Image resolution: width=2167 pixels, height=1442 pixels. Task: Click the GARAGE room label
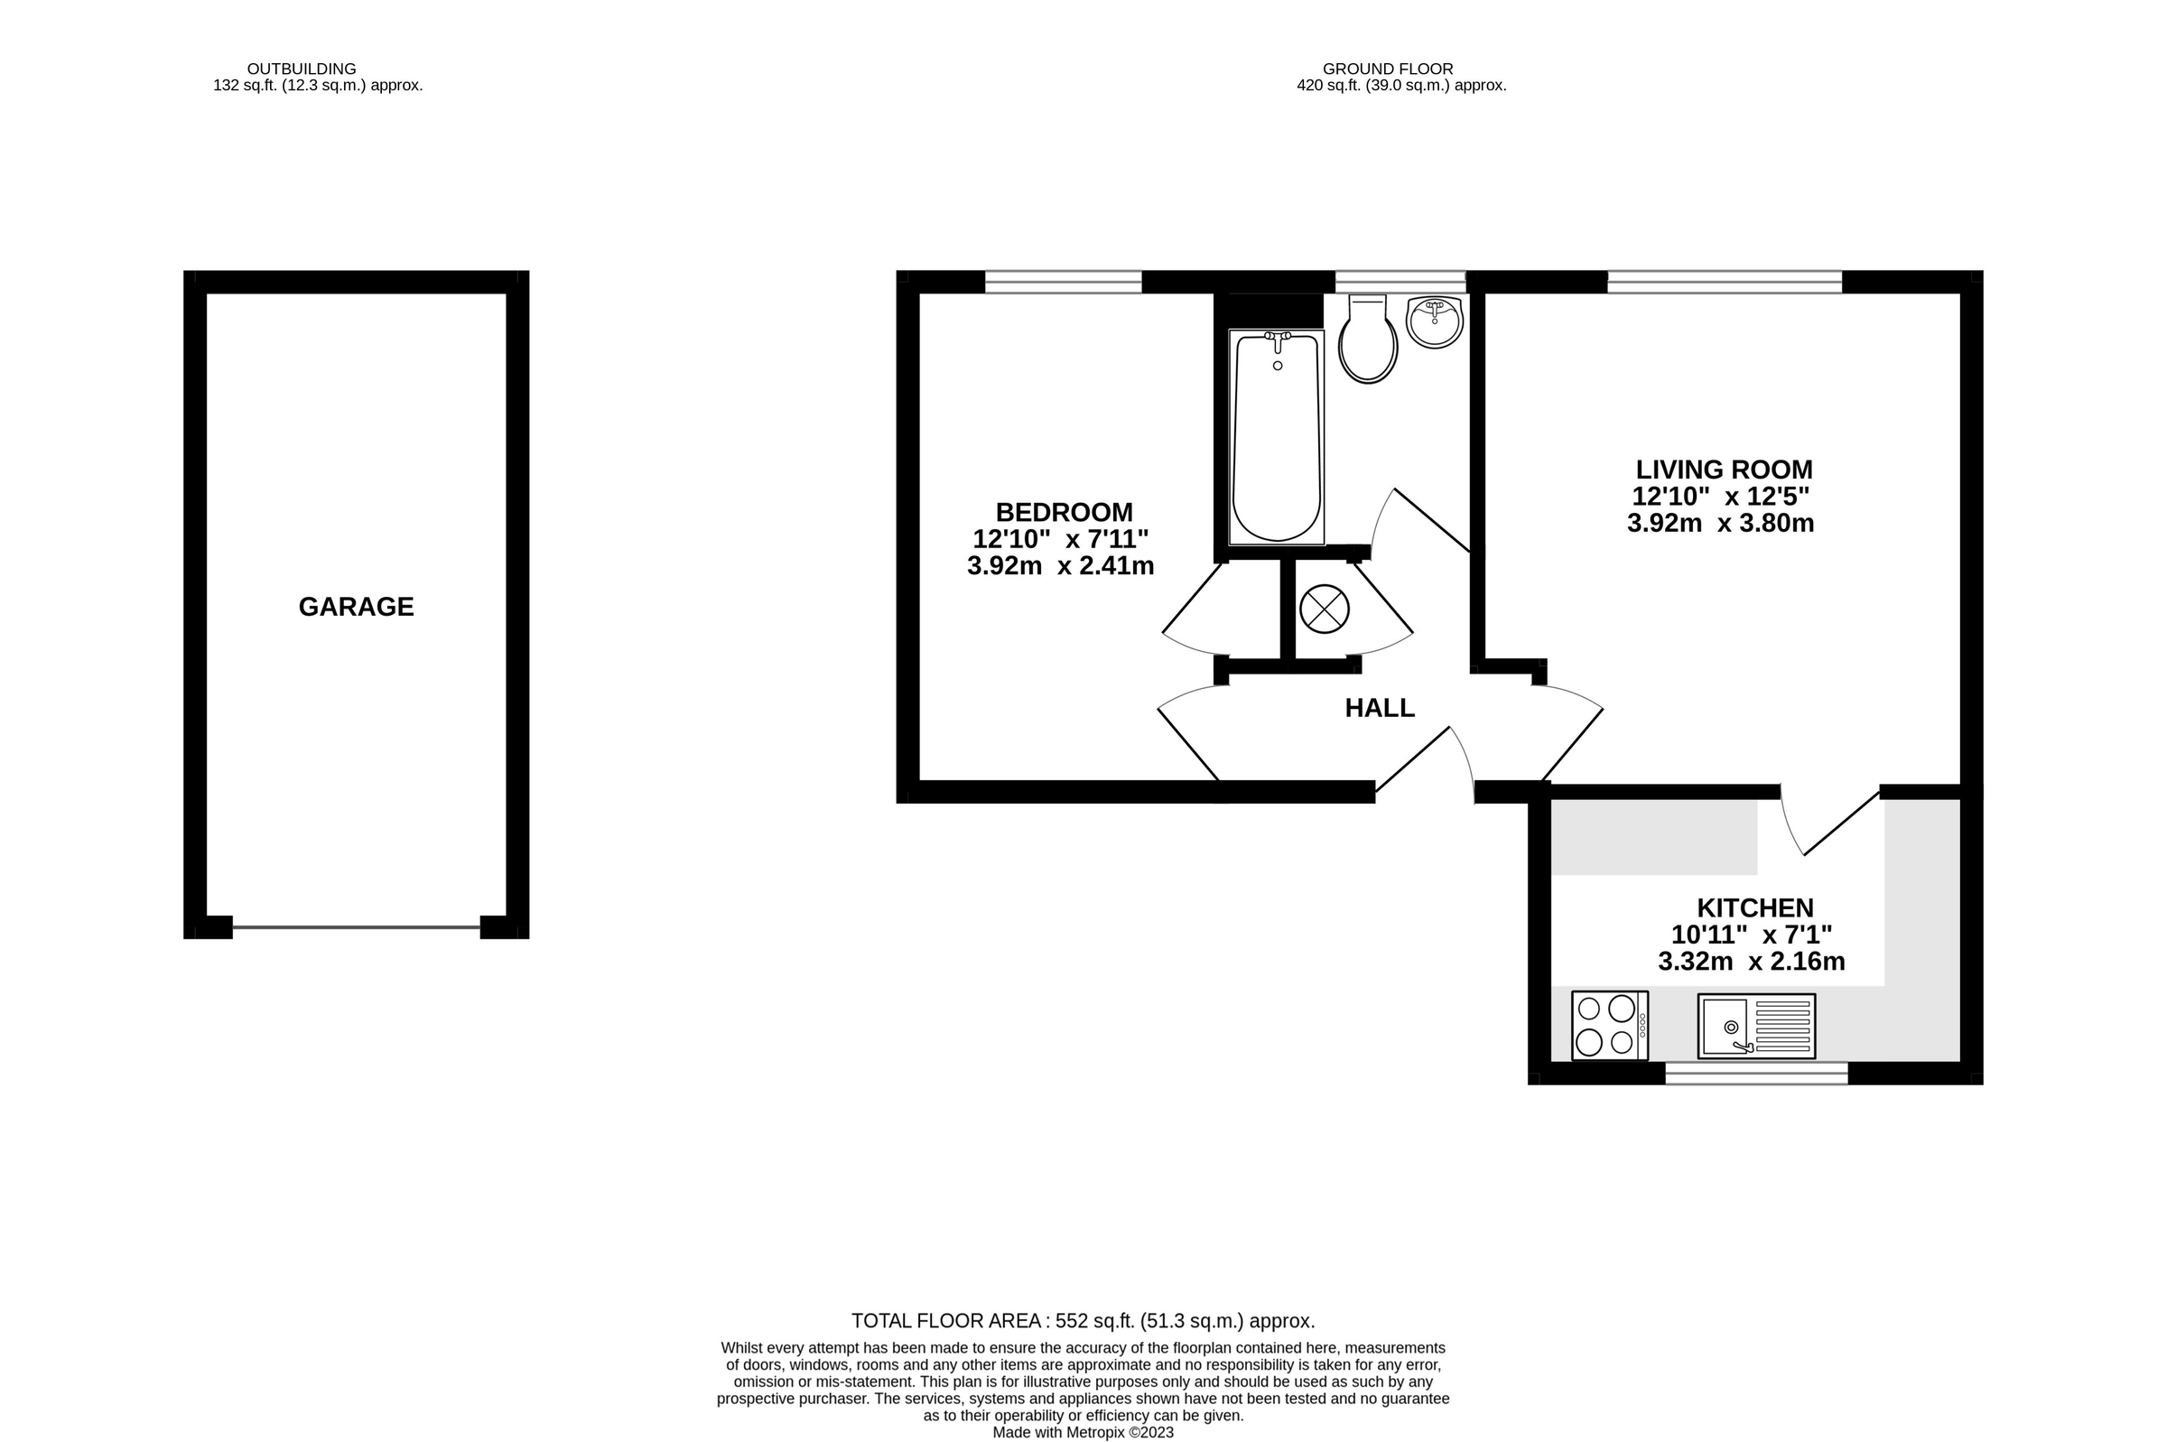pyautogui.click(x=356, y=607)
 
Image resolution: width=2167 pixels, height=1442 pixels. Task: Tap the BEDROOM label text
pyautogui.click(x=1064, y=512)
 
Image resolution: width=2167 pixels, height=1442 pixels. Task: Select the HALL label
pyautogui.click(x=1379, y=708)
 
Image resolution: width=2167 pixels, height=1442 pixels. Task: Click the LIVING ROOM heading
pyautogui.click(x=1724, y=470)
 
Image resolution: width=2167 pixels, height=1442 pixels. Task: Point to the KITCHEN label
pyautogui.click(x=1754, y=908)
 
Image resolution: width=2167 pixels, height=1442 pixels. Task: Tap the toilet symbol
pyautogui.click(x=1368, y=339)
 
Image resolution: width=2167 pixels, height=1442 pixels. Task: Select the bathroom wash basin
pyautogui.click(x=1434, y=322)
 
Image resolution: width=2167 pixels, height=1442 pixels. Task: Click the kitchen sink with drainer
pyautogui.click(x=1756, y=1026)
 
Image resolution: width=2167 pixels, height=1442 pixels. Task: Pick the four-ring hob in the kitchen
pyautogui.click(x=1609, y=1026)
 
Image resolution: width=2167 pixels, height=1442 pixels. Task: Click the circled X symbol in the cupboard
pyautogui.click(x=1324, y=609)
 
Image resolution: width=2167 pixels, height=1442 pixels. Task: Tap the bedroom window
pyautogui.click(x=1063, y=282)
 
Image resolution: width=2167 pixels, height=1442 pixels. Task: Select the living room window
pyautogui.click(x=1724, y=282)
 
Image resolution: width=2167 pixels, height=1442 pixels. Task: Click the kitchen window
pyautogui.click(x=1756, y=1074)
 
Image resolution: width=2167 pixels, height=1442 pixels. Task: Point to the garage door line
pyautogui.click(x=356, y=927)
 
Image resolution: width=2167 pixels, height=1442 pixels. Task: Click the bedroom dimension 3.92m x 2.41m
pyautogui.click(x=1060, y=565)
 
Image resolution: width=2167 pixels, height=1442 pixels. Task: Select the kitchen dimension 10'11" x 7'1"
pyautogui.click(x=1752, y=935)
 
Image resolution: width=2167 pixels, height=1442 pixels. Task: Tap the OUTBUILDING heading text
pyautogui.click(x=302, y=69)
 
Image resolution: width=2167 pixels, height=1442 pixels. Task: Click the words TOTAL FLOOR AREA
pyautogui.click(x=946, y=1322)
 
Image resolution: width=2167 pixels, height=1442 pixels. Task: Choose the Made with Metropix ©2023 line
pyautogui.click(x=1083, y=1433)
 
